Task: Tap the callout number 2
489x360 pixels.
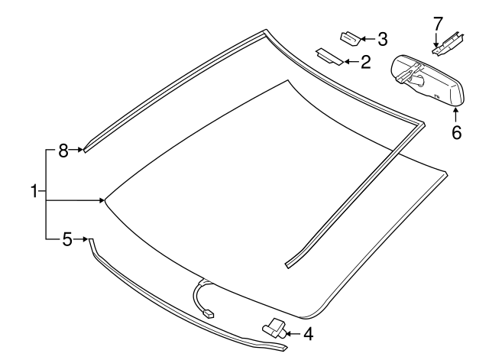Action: tap(365, 62)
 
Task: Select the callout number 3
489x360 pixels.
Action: tap(382, 37)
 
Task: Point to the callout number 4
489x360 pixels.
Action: tap(308, 333)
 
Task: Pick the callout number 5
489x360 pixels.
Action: tap(67, 240)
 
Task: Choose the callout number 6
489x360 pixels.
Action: tap(456, 132)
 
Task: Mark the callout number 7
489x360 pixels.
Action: tap(438, 24)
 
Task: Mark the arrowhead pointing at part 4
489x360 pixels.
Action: tap(289, 332)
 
